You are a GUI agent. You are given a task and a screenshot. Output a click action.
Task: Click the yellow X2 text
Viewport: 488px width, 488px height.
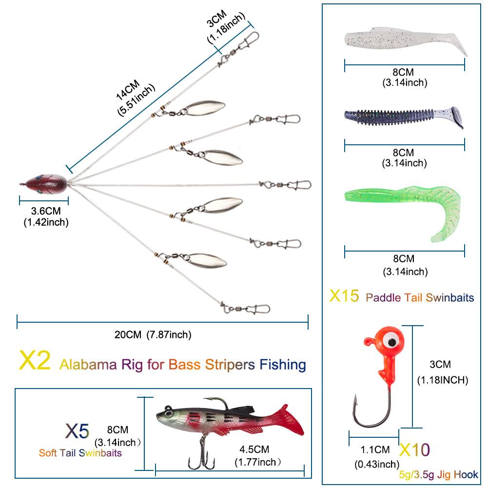tap(35, 362)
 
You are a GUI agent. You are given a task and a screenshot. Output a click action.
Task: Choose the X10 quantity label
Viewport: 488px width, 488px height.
tap(415, 449)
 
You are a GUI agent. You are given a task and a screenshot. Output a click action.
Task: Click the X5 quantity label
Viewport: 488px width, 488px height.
tap(78, 431)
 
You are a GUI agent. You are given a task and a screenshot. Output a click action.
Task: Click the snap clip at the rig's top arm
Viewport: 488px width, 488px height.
tap(249, 39)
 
